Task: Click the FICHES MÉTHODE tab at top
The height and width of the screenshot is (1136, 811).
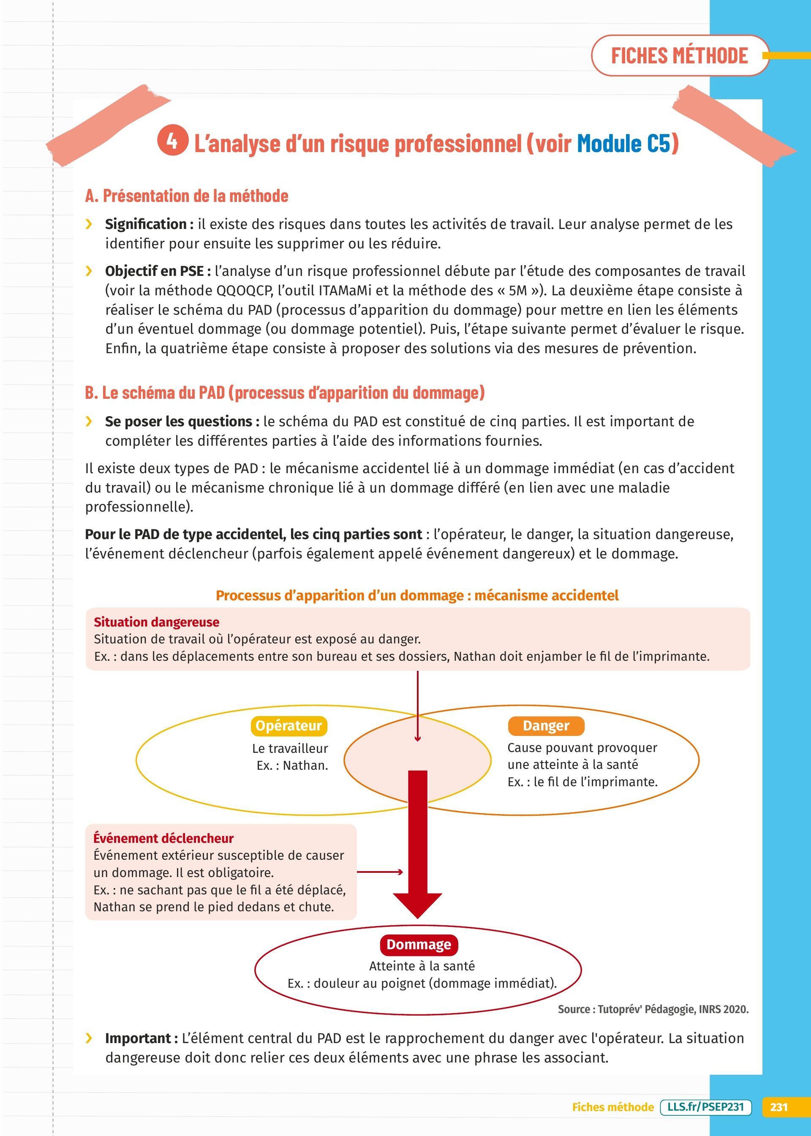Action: [x=679, y=55]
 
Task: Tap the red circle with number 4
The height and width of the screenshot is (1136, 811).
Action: [x=172, y=141]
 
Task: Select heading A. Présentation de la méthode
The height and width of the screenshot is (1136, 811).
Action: [x=186, y=196]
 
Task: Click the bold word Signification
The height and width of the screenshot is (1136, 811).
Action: [x=146, y=224]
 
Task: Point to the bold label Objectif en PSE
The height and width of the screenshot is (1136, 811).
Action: [x=154, y=271]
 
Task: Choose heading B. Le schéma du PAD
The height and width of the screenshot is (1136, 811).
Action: [x=285, y=392]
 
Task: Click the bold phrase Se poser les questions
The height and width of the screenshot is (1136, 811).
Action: [x=178, y=422]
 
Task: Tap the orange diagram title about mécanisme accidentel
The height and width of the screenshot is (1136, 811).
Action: [x=417, y=595]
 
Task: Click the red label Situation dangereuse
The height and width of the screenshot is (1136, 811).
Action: [x=156, y=622]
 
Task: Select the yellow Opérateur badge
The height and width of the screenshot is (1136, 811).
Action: [x=288, y=725]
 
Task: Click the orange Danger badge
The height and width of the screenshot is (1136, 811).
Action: [x=546, y=725]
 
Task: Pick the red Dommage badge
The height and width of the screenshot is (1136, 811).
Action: [x=419, y=945]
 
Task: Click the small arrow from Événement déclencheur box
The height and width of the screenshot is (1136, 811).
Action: [x=380, y=872]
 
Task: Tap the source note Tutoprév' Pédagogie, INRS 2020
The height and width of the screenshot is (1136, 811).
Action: [x=653, y=1009]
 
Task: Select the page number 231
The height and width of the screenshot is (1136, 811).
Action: [x=778, y=1107]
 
